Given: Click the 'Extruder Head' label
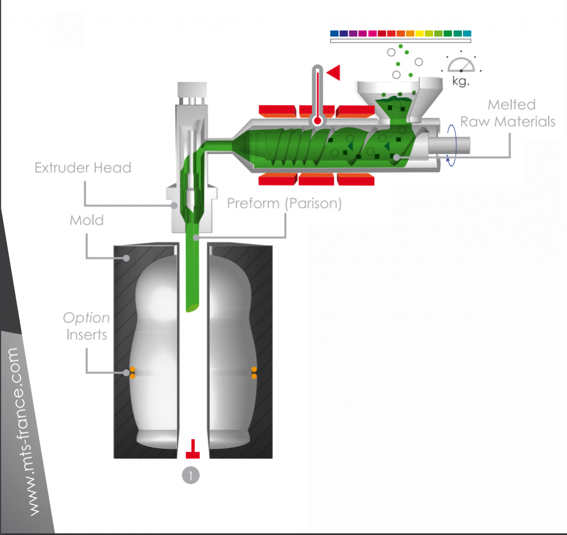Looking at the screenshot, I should [83, 167].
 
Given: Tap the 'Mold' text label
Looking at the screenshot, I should [86, 220].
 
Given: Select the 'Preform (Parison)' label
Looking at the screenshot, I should [284, 203].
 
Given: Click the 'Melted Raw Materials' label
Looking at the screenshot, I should [508, 113].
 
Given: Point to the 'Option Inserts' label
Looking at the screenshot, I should [86, 326].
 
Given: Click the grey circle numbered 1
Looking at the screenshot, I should [191, 475].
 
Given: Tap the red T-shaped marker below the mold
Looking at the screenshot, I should [192, 450].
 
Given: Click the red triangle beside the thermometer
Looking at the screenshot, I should [334, 72].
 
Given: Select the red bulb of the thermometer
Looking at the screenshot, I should [317, 120].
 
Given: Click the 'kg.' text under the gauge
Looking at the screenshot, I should [461, 81].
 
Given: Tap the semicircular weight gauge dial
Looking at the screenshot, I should [461, 65].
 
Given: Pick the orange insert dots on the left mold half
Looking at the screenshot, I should [132, 373].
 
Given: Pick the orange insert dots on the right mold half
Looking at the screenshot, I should [254, 373].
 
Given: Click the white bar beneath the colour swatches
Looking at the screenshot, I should [400, 41].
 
